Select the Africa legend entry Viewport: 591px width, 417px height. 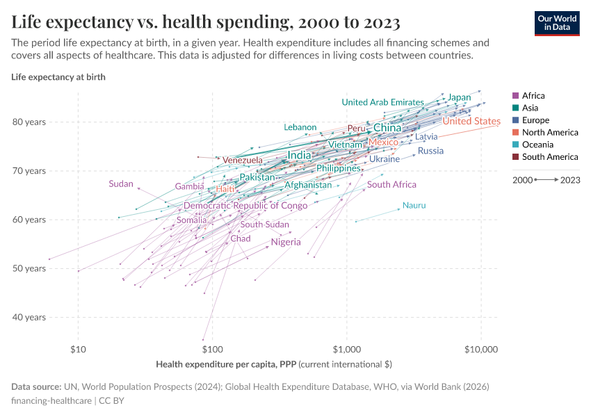[533, 96]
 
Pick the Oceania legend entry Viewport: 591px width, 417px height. [537, 145]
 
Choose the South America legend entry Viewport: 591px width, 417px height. [549, 157]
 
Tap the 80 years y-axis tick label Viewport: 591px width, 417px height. [30, 122]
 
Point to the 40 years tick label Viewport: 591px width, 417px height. [30, 318]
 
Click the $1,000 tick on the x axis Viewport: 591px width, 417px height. [346, 347]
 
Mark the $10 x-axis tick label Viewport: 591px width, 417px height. [78, 347]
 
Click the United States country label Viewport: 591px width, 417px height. [471, 122]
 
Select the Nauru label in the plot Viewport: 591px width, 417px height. [414, 206]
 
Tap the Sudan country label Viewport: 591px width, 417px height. [121, 184]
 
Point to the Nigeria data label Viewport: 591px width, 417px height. [286, 243]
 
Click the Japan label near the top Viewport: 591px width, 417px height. [459, 97]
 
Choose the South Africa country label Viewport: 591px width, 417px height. [391, 185]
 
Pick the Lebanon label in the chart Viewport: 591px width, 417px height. [300, 127]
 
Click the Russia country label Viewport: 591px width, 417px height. [430, 151]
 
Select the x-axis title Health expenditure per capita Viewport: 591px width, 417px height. [274, 363]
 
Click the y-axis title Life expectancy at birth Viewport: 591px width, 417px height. [58, 76]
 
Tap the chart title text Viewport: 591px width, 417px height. [206, 22]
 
